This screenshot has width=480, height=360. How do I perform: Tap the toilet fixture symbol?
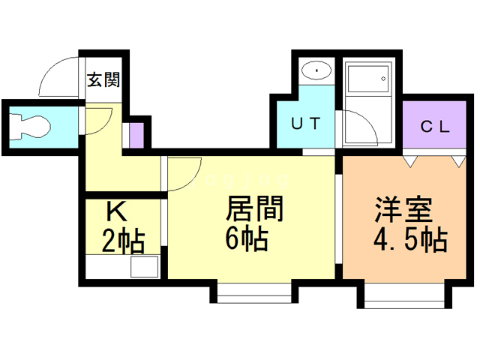coord(31,126)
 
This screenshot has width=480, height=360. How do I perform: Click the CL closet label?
coord(434,126)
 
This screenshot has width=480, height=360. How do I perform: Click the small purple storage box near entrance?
coord(136,134)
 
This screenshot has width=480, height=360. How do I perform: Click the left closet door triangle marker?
coord(409,160)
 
